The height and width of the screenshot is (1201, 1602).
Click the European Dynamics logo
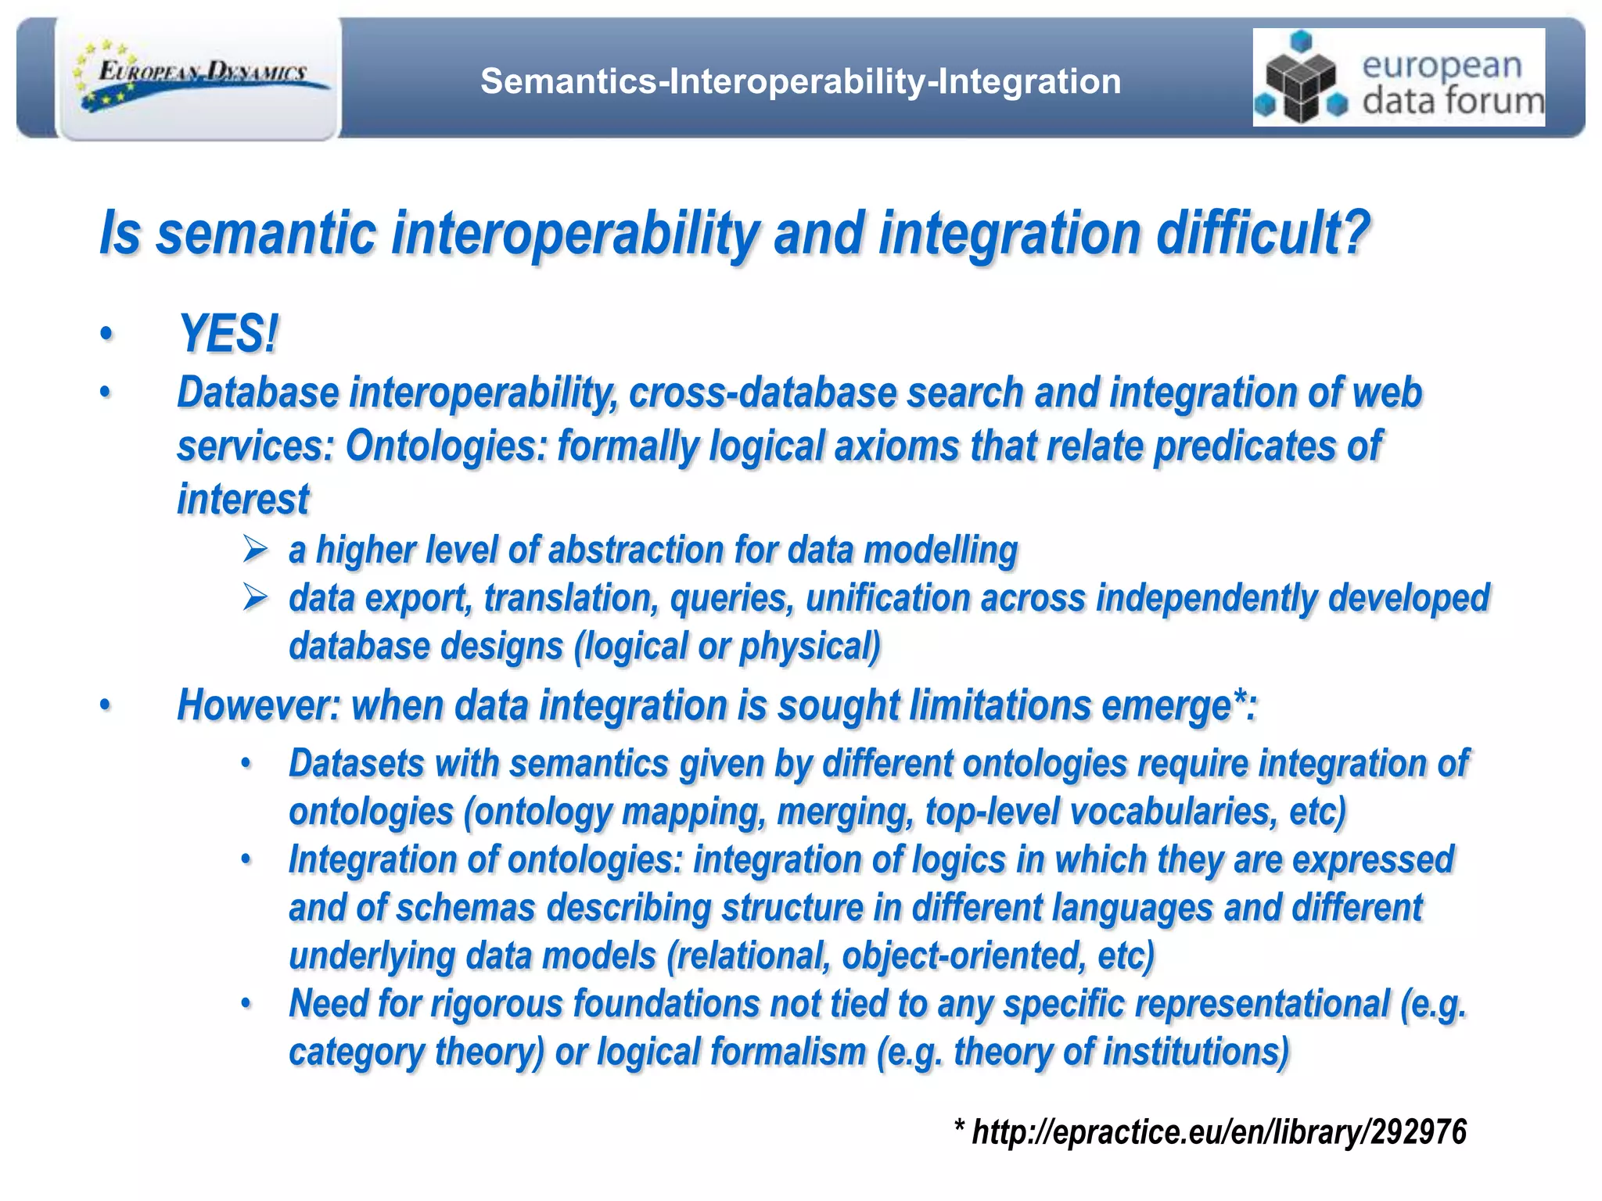pyautogui.click(x=199, y=78)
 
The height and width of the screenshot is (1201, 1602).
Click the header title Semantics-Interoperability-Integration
pyautogui.click(x=800, y=81)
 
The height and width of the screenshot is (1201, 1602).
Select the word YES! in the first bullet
pyautogui.click(x=228, y=334)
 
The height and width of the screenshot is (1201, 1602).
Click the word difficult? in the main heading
pyautogui.click(x=1263, y=233)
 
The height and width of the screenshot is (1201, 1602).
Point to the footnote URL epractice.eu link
pyautogui.click(x=1218, y=1132)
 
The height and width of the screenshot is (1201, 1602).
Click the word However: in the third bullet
pyautogui.click(x=259, y=705)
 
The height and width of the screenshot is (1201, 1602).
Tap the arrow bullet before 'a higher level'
pyautogui.click(x=255, y=549)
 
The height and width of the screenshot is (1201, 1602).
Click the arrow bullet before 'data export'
pyautogui.click(x=255, y=597)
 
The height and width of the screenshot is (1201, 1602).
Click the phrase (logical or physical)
pyautogui.click(x=727, y=647)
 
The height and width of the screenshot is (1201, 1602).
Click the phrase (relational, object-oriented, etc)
pyautogui.click(x=911, y=956)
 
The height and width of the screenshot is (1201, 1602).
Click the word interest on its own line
pyautogui.click(x=243, y=500)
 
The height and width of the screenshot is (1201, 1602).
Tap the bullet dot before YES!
pyautogui.click(x=106, y=335)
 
